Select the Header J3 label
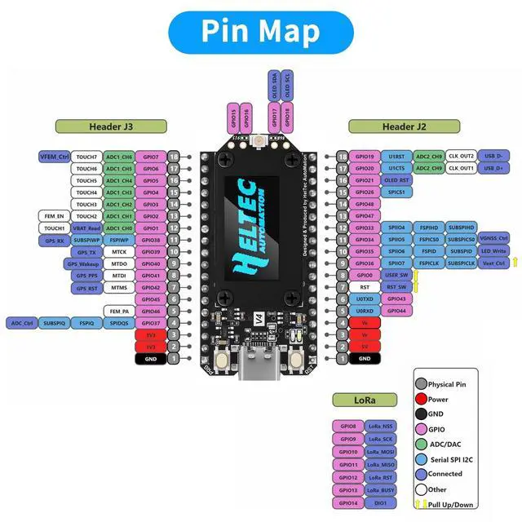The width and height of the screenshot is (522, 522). (111, 126)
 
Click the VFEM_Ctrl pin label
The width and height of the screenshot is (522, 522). (54, 157)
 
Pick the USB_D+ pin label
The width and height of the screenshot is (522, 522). (492, 168)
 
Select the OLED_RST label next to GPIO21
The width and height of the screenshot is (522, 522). (396, 180)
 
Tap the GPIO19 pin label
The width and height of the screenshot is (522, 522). (365, 157)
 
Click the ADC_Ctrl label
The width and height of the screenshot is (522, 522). (22, 323)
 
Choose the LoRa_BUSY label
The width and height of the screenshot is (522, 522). (379, 490)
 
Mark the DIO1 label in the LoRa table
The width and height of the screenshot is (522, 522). (379, 503)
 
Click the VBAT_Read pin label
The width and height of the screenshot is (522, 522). (86, 228)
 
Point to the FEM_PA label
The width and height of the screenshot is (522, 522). (119, 311)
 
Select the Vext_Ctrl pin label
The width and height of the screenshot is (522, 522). (493, 263)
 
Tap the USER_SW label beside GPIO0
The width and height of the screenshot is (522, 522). (396, 276)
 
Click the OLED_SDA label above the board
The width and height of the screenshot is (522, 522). (273, 84)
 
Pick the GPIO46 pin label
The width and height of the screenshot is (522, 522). (150, 311)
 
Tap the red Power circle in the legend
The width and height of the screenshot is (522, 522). (421, 400)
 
